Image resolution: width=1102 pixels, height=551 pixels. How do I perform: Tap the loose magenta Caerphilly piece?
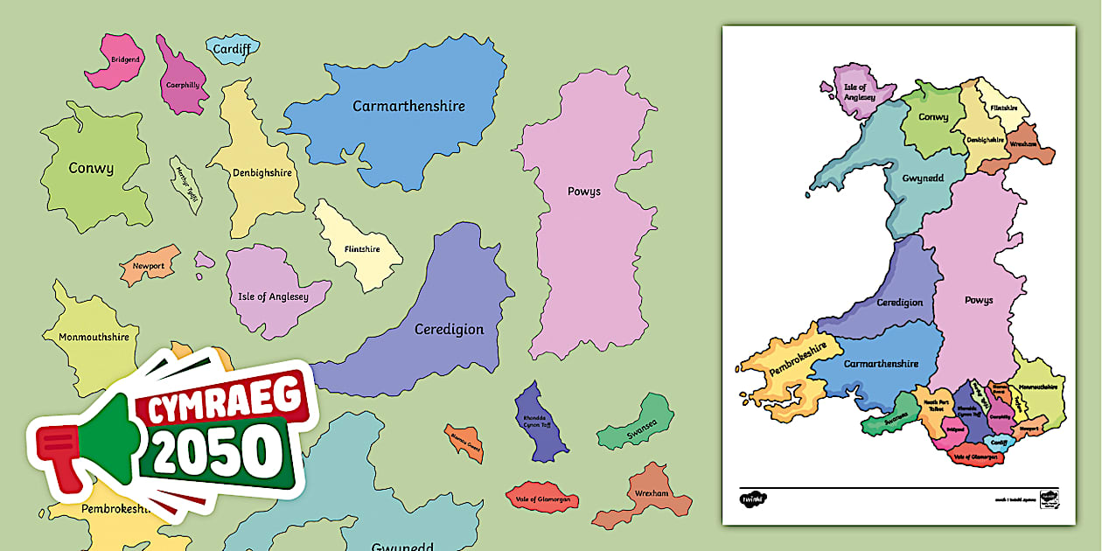[183, 84]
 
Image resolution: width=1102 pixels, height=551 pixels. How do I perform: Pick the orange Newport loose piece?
[149, 266]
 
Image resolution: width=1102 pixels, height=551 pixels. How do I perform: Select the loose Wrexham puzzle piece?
[652, 494]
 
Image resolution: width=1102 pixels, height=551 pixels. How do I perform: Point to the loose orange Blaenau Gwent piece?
[464, 443]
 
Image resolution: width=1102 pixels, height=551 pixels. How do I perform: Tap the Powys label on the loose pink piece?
[583, 191]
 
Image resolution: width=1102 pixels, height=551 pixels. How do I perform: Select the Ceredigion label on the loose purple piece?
[449, 329]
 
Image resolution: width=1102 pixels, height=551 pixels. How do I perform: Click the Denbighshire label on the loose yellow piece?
[262, 172]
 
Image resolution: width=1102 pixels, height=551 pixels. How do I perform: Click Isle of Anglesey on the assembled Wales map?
[859, 92]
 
